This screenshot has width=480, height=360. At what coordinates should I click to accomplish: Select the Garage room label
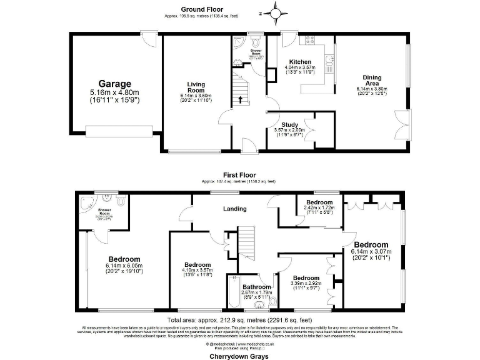[x=114, y=84]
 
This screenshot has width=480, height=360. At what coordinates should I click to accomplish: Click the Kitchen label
[x=299, y=62]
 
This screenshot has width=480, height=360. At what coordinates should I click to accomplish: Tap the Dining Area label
[x=372, y=78]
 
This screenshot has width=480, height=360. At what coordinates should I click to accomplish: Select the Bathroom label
[x=257, y=287]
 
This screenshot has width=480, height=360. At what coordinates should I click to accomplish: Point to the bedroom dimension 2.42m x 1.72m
[x=319, y=207]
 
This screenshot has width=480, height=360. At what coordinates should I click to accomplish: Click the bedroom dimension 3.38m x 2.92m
[x=306, y=284]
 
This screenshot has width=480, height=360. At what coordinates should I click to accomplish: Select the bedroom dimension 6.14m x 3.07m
[x=371, y=251]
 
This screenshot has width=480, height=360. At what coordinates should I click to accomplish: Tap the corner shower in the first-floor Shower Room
[x=85, y=202]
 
